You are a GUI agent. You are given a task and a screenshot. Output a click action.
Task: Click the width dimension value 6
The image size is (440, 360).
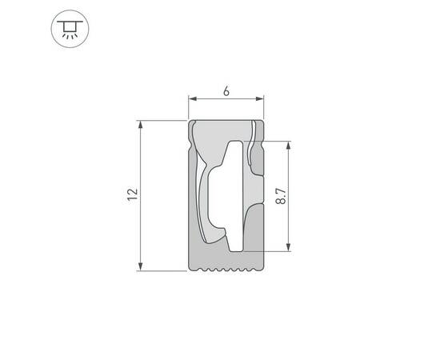(226, 92)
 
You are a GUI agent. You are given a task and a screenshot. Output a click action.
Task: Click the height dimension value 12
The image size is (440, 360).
(133, 194)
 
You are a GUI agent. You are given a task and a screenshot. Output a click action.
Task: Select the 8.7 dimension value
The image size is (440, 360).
(280, 195)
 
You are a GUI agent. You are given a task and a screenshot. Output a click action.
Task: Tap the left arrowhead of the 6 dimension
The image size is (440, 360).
(192, 100)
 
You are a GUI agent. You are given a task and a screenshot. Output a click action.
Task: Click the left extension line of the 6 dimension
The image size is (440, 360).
(188, 108)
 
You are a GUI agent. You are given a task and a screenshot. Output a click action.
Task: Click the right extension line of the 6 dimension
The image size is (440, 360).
(265, 108)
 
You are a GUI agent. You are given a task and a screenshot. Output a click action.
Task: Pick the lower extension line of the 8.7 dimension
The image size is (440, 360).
(276, 251)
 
